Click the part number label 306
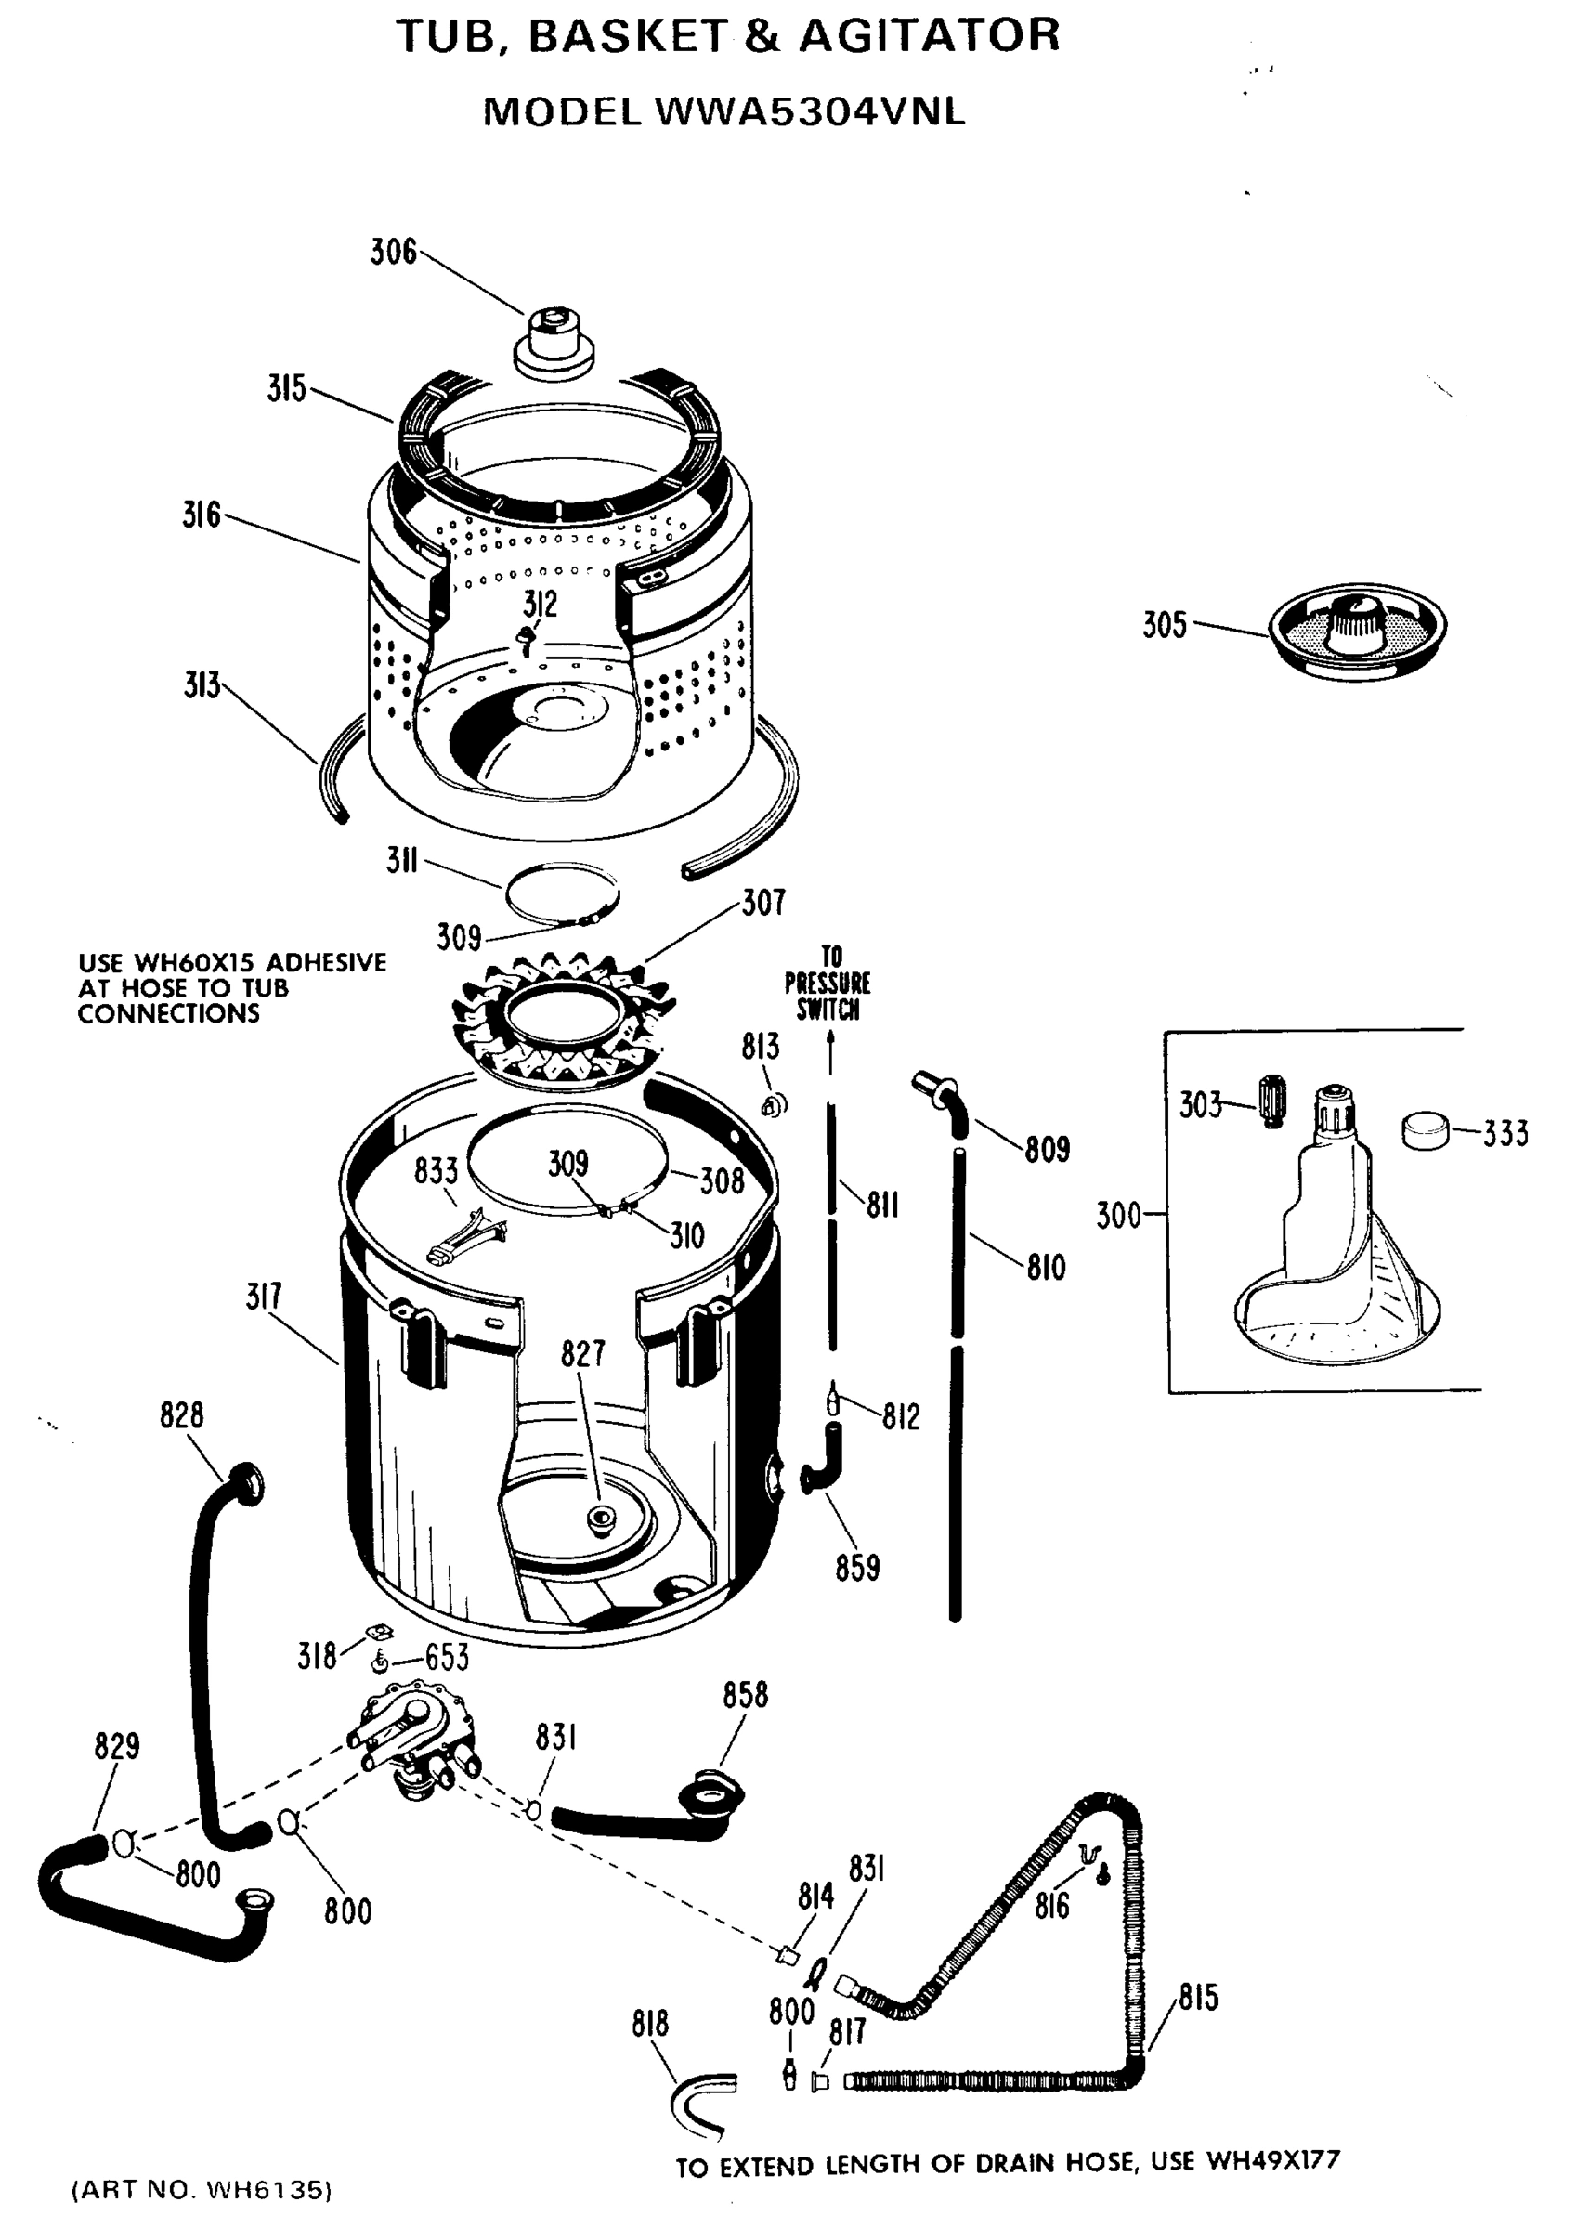pyautogui.click(x=393, y=253)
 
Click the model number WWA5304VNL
pyautogui.click(x=811, y=112)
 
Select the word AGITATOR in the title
pyautogui.click(x=929, y=37)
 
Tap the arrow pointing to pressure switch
pyautogui.click(x=831, y=1053)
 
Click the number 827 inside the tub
pyautogui.click(x=582, y=1353)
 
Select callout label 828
pyautogui.click(x=182, y=1415)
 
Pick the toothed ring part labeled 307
pyautogui.click(x=563, y=1020)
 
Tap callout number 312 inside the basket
pyautogui.click(x=540, y=604)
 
